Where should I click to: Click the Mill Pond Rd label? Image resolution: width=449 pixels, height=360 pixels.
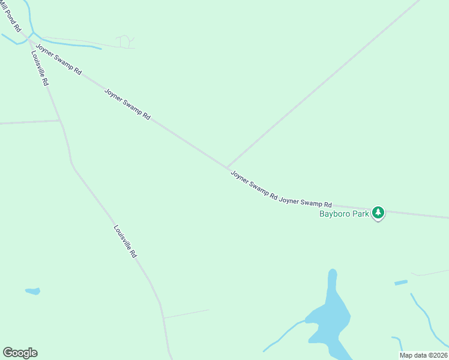[x=11, y=19]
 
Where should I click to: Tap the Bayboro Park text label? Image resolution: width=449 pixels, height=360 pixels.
[x=344, y=214]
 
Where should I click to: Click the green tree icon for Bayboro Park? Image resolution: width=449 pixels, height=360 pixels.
[x=378, y=212]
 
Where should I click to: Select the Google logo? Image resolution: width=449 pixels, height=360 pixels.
[x=20, y=353]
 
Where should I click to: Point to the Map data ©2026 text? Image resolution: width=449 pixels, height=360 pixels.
[x=423, y=355]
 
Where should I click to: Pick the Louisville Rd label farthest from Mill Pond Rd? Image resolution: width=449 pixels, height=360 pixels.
[x=125, y=241]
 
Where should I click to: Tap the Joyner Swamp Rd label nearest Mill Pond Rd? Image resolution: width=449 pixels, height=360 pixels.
[x=59, y=58]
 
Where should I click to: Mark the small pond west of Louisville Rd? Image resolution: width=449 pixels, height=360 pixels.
[x=32, y=291]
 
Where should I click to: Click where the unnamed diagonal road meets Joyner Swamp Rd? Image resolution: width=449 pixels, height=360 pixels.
[x=227, y=167]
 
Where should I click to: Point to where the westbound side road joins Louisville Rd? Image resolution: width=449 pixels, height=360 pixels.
[x=60, y=121]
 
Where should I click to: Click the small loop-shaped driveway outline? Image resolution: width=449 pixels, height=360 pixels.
[x=125, y=41]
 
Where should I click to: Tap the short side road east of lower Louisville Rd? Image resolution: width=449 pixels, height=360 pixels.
[x=186, y=313]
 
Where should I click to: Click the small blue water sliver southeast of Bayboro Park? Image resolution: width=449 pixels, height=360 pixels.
[x=401, y=282]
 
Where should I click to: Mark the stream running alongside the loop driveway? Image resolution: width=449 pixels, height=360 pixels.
[x=72, y=44]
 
